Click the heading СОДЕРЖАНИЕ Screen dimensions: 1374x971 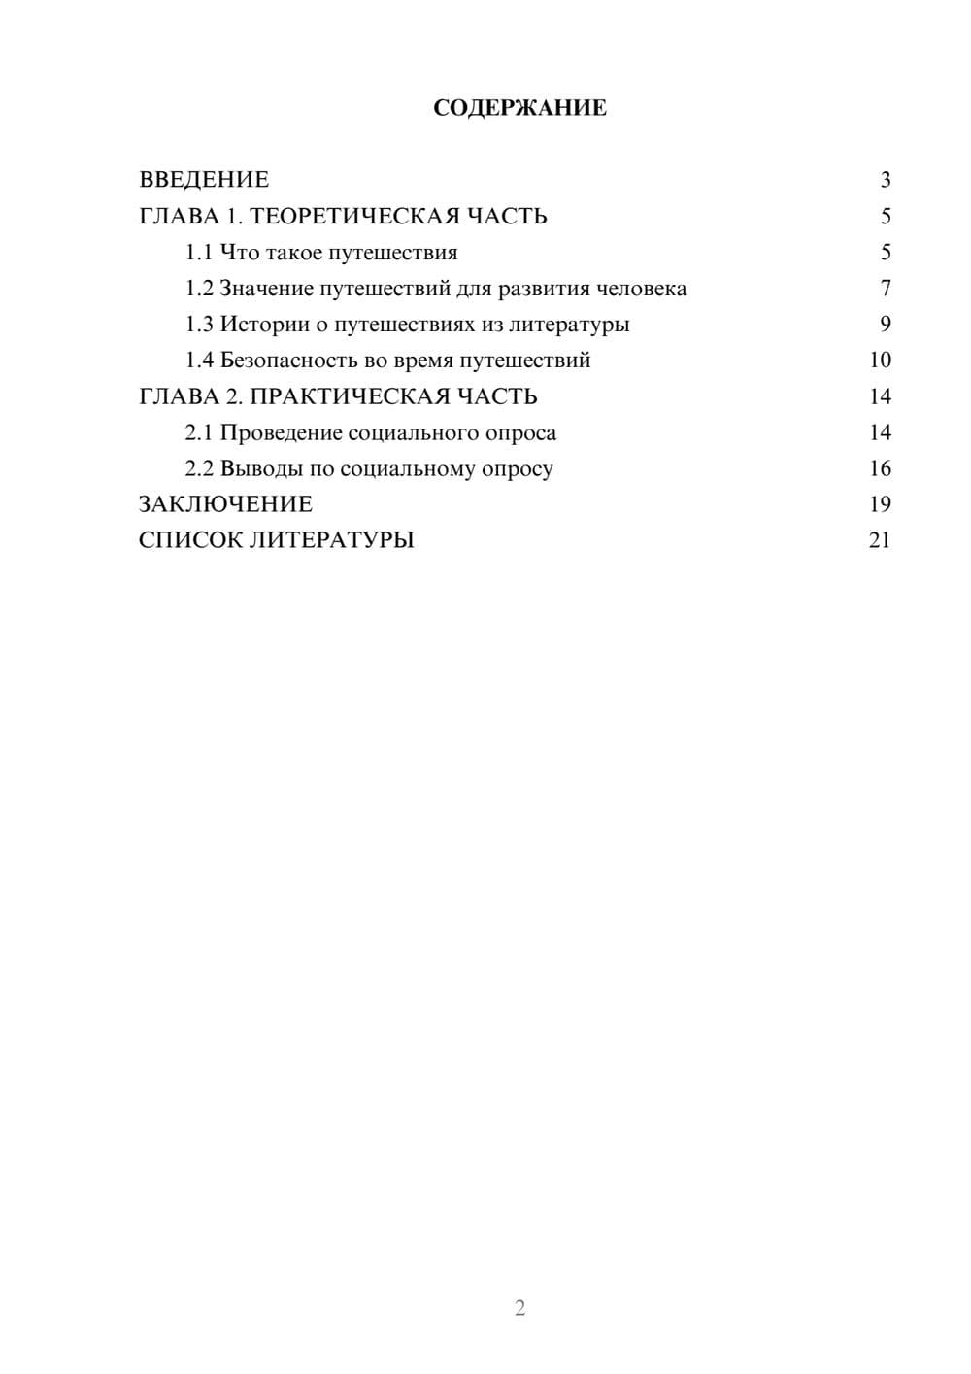point(519,108)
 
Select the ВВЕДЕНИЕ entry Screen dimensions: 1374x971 point(204,180)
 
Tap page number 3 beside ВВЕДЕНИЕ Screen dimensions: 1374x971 point(885,180)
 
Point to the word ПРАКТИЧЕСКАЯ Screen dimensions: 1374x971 point(344,396)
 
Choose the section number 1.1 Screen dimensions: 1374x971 point(199,253)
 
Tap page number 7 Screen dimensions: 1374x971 point(885,289)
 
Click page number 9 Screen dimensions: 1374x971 point(885,325)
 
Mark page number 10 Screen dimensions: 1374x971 point(880,361)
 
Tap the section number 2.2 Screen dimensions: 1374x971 point(199,468)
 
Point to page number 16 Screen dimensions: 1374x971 point(880,468)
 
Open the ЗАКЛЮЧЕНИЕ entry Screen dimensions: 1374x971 point(225,504)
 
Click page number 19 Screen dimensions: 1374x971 point(880,504)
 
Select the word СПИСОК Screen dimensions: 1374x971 point(190,540)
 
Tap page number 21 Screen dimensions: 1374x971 point(880,540)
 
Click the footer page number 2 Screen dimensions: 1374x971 point(519,1308)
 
